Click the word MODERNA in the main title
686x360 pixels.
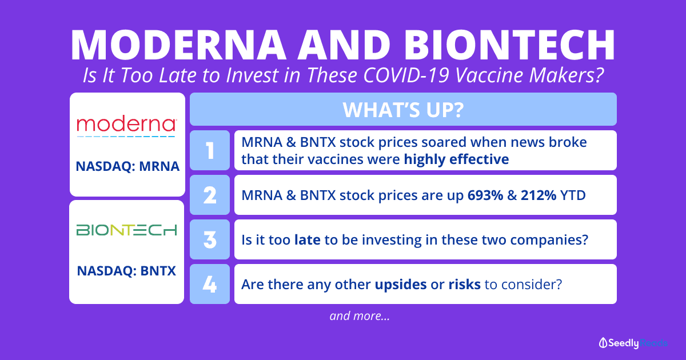[x=178, y=45]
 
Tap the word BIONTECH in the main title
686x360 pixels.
[x=509, y=45]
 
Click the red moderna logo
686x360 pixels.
[x=126, y=126]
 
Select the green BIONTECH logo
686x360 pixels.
[x=126, y=230]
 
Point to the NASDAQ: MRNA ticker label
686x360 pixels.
[x=127, y=166]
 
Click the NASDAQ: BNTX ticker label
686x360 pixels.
[x=126, y=271]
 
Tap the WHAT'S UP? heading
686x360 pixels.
[x=403, y=110]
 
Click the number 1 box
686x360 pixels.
[x=210, y=150]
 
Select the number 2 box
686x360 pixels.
[x=210, y=195]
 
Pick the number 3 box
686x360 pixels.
[x=210, y=239]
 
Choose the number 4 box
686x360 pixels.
[x=210, y=284]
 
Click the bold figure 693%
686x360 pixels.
[x=485, y=195]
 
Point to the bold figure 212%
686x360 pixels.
[x=539, y=195]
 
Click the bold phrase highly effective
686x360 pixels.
[x=456, y=159]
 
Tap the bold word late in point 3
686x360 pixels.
[x=308, y=239]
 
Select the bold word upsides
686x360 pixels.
[x=401, y=285]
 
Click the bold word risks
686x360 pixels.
[x=465, y=285]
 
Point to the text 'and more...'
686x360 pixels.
[x=360, y=316]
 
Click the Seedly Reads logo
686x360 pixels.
[x=633, y=343]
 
